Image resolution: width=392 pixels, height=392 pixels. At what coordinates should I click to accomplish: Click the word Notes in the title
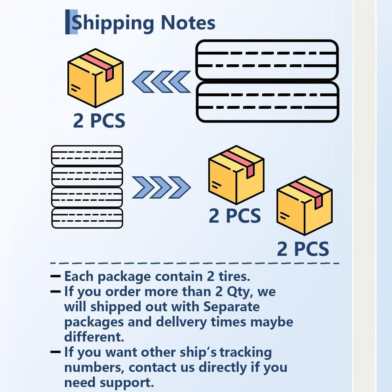coord(188,23)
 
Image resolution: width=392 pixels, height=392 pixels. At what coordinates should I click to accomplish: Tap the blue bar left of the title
coord(71,22)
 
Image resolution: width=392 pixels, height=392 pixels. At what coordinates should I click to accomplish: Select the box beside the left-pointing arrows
coord(95,78)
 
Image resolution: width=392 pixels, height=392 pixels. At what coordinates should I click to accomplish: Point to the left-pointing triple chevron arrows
coord(162,82)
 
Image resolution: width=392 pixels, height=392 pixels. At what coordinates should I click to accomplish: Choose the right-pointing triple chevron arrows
coord(162,188)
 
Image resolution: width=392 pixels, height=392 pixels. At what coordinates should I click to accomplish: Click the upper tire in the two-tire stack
coord(267,60)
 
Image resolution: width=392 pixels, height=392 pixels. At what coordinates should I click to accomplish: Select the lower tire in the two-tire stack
coord(268,102)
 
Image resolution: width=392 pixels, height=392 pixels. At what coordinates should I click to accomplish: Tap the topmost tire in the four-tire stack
coord(87,155)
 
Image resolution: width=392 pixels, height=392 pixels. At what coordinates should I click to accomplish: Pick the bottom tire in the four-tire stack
coord(87,218)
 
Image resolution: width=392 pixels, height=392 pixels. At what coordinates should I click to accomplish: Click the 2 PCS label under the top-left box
coord(99,121)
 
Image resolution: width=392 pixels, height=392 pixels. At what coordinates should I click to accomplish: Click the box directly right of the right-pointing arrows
coord(236,175)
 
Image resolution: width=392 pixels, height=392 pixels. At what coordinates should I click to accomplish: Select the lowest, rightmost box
coord(304,206)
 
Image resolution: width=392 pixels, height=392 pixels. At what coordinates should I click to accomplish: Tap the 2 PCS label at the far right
coord(303,249)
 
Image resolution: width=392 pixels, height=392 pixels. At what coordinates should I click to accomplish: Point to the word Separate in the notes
coord(232,307)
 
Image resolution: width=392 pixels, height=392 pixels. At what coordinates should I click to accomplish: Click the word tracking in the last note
coord(246,353)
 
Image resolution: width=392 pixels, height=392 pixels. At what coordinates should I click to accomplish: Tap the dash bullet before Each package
coord(55,276)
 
